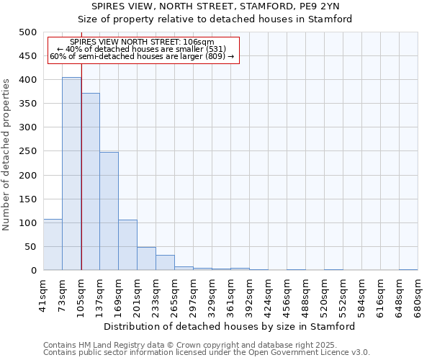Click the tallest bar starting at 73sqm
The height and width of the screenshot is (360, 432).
pos(71,174)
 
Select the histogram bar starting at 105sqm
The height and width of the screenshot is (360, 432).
pos(90,181)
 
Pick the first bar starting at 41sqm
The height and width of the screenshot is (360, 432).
pos(53,245)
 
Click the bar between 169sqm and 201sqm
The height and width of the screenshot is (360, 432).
pos(127,245)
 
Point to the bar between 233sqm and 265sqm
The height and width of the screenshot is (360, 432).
pos(165,263)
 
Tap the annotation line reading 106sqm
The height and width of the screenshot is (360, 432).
pos(142,42)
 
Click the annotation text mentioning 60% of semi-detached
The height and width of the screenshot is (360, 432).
pos(142,57)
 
